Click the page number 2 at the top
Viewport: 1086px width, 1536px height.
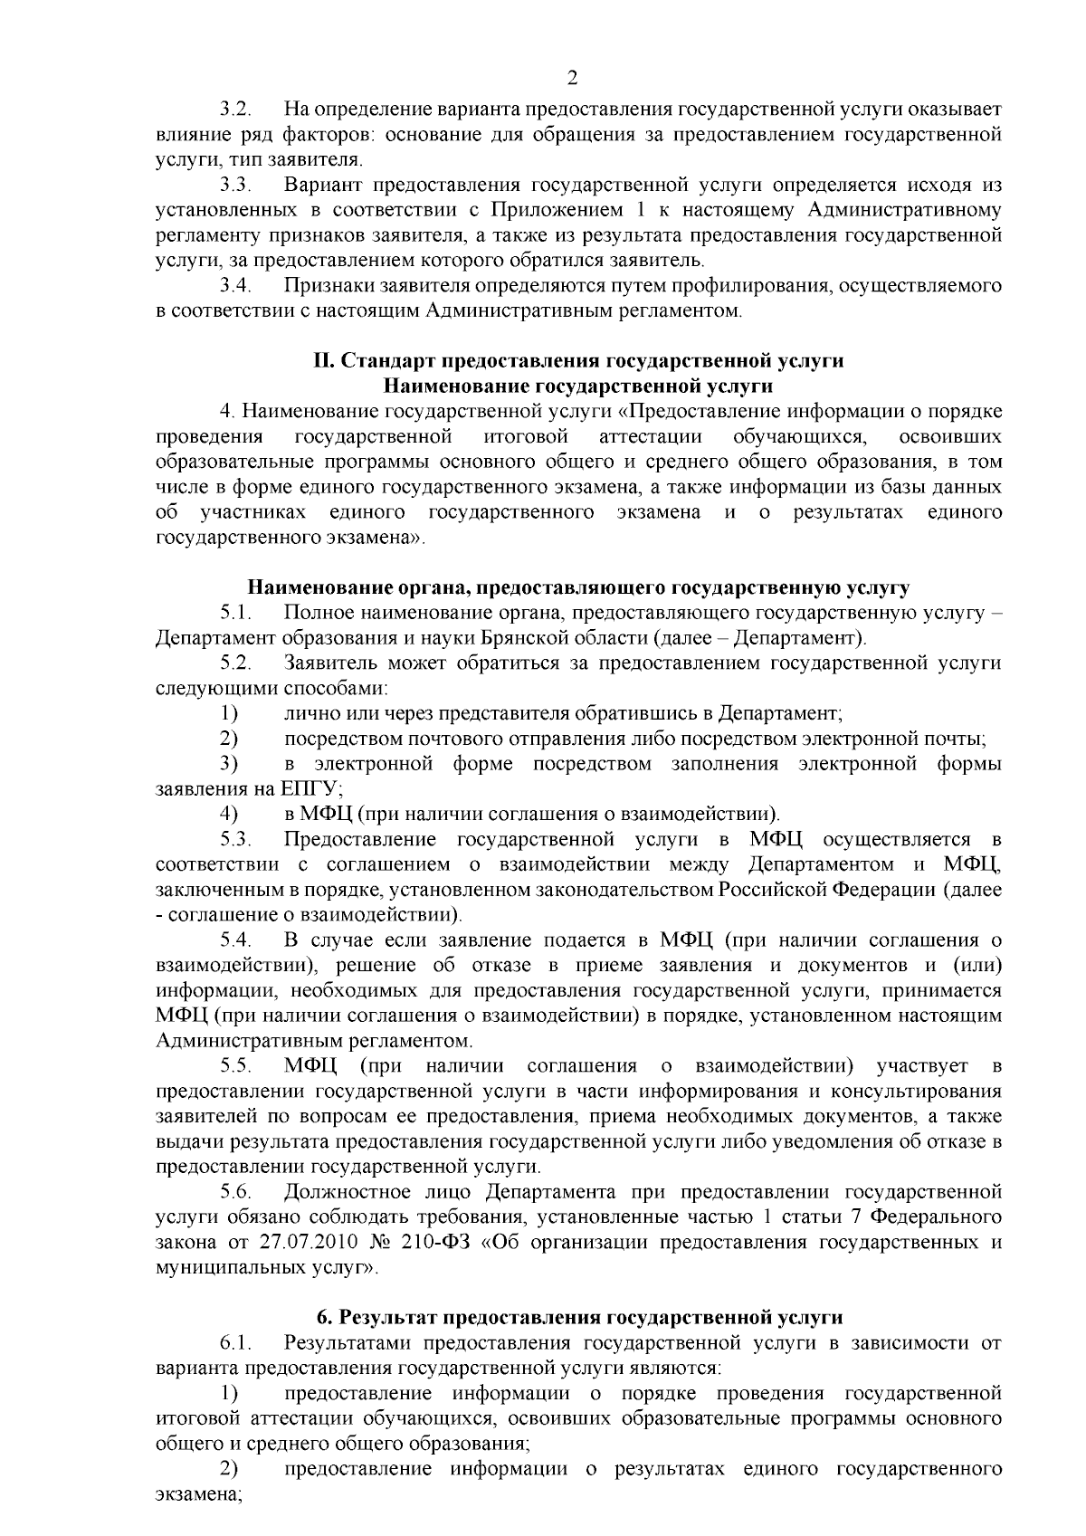pyautogui.click(x=571, y=76)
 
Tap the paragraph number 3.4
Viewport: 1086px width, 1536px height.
pyautogui.click(x=235, y=287)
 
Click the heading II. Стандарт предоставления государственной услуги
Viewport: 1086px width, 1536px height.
pyautogui.click(x=578, y=361)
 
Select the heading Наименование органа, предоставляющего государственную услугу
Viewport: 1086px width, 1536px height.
pyautogui.click(x=578, y=588)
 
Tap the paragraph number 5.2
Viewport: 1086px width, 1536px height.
pyautogui.click(x=235, y=663)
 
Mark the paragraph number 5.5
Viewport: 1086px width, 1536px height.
pyautogui.click(x=235, y=1065)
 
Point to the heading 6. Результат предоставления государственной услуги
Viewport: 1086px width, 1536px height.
pyautogui.click(x=578, y=1317)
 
